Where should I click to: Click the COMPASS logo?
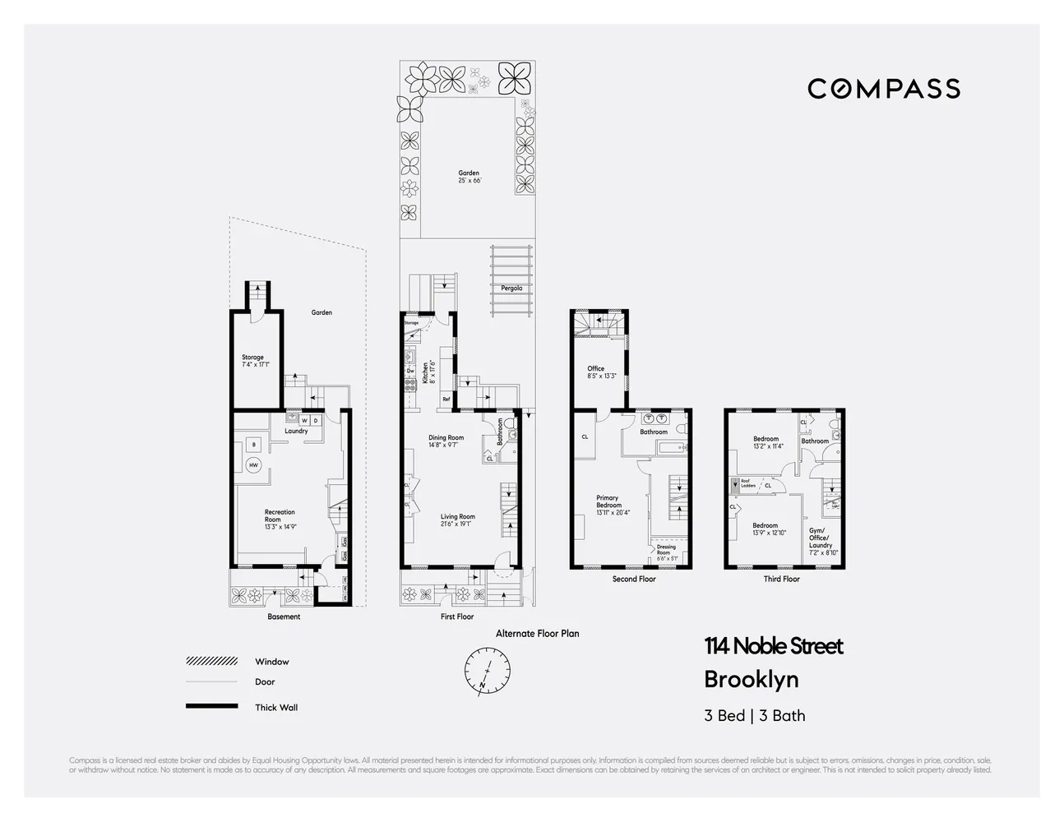coord(883,89)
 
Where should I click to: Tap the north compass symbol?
coord(487,667)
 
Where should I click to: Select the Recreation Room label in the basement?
coord(280,516)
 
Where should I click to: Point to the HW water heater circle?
coord(253,466)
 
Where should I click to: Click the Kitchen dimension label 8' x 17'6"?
coord(432,375)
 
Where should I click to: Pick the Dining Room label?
coord(446,438)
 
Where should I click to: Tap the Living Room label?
coord(457,517)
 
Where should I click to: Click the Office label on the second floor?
coord(596,369)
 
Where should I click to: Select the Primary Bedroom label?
coord(608,501)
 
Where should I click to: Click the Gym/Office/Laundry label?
coord(821,538)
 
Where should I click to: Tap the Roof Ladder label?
coord(748,483)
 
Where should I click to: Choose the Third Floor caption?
coord(781,579)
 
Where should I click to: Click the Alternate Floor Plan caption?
coord(537,634)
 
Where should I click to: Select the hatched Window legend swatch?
coord(211,661)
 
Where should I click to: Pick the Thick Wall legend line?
coord(211,706)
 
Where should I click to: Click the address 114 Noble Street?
coord(773,647)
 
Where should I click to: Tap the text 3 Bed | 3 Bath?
coord(754,715)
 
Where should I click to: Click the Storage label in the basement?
coord(252,358)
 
